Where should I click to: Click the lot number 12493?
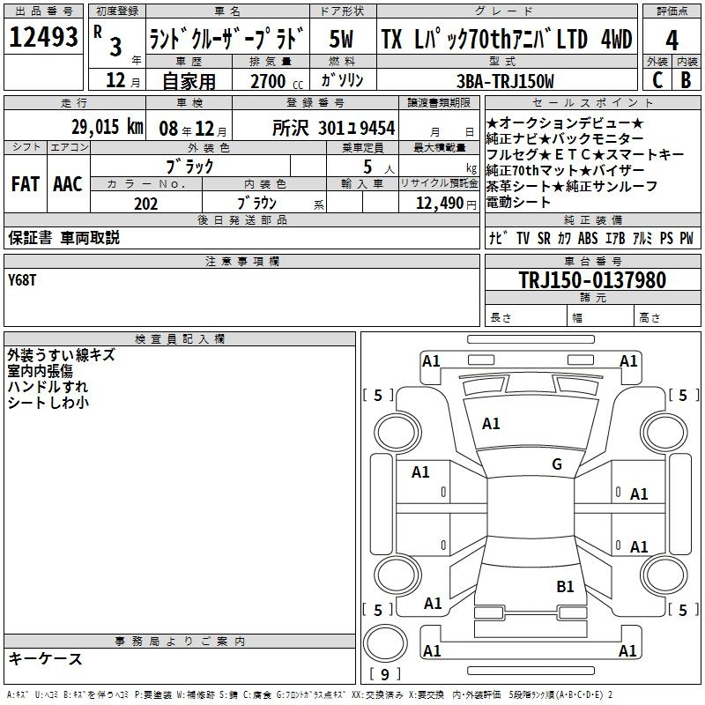(43, 37)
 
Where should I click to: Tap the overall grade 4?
(672, 41)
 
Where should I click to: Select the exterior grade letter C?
(657, 80)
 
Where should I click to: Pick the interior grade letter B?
(686, 80)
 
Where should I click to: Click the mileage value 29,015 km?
(108, 127)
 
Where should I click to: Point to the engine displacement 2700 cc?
(277, 81)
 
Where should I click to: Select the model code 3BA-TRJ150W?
(505, 81)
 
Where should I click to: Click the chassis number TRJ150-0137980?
(592, 279)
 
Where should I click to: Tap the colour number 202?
(145, 204)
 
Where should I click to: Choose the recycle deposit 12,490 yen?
(446, 204)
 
